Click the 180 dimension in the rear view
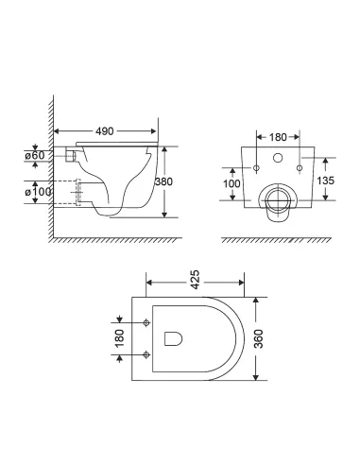tap(278, 138)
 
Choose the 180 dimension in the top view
tap(118, 337)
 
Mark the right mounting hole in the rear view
tap(299, 168)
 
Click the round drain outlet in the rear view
tap(278, 199)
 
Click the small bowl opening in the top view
tap(173, 337)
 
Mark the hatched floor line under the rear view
tap(278, 239)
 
